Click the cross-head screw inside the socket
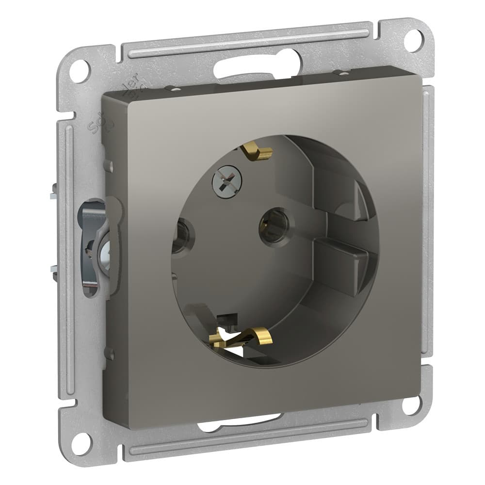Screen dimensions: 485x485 [x=226, y=180]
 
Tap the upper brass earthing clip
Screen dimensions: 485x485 [x=257, y=152]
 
